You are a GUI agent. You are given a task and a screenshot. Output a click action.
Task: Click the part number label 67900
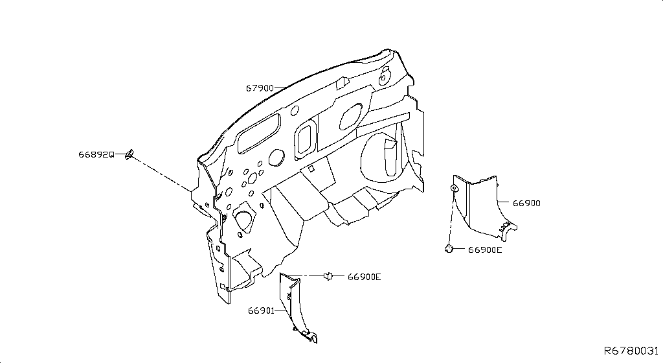(260, 88)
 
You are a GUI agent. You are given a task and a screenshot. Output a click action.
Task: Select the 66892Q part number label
(96, 154)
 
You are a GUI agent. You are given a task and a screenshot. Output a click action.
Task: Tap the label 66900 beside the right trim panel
(526, 203)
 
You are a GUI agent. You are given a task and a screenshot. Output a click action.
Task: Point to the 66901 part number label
(262, 310)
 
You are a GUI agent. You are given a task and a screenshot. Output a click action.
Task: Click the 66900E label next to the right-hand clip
(485, 250)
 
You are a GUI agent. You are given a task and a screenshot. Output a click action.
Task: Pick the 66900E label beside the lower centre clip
(365, 277)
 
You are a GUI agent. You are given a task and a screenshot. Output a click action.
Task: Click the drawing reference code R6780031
(631, 351)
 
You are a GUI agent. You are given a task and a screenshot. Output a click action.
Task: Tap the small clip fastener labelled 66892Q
(129, 154)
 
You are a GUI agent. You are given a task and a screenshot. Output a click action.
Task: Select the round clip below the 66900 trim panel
(449, 249)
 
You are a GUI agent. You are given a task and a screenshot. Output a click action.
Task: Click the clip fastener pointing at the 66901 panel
(328, 276)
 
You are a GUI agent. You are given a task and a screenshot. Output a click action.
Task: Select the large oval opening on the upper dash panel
(350, 115)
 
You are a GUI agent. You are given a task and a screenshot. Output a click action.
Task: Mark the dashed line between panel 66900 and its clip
(451, 217)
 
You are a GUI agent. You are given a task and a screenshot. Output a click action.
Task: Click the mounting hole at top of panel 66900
(453, 187)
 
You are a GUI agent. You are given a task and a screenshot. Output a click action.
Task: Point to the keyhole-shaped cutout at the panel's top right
(384, 75)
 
